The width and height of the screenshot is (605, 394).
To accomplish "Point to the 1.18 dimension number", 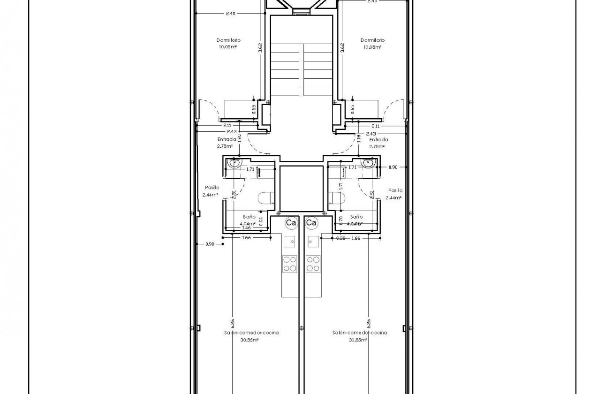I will [x=358, y=138].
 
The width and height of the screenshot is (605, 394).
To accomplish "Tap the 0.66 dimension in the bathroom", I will [x=261, y=220].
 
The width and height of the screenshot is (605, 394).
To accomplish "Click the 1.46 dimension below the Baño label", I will [x=246, y=227].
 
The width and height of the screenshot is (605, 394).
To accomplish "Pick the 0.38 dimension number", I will [x=341, y=238].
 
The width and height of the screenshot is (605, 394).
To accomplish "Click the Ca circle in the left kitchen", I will [x=291, y=223].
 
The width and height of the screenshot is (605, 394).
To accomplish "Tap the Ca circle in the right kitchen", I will [x=311, y=223].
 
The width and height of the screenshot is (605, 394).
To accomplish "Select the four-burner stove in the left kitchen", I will [x=289, y=264].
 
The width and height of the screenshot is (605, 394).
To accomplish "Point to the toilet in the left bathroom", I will [x=266, y=198].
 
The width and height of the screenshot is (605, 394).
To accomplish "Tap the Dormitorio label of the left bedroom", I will [x=228, y=40].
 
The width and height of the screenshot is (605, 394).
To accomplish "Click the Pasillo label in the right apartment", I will [x=395, y=190].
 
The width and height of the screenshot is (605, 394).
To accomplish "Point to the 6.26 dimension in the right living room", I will [x=369, y=323].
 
